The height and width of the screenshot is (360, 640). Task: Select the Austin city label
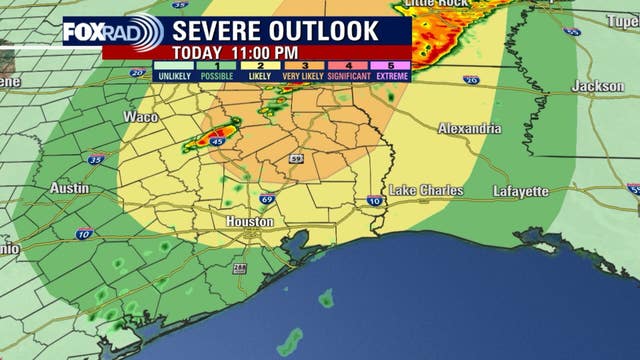pos(69,188)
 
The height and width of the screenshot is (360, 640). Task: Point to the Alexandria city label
pos(470,129)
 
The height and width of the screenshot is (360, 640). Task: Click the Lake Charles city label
pos(426,189)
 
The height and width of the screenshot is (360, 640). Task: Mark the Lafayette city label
pos(520,190)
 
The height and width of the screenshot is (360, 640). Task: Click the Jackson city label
pos(597,87)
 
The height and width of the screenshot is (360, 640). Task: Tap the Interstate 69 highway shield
pos(269,201)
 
